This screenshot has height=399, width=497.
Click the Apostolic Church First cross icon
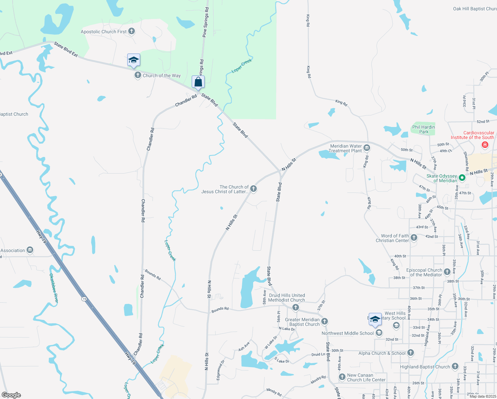tap(132, 32)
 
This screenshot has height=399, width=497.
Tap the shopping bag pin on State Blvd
tap(198, 82)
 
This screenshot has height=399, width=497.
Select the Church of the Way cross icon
tap(138, 75)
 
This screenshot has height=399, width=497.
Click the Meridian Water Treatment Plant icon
tap(367, 148)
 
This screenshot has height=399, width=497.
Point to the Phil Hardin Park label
tap(423, 129)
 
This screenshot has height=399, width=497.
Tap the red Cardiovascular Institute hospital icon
tap(485, 145)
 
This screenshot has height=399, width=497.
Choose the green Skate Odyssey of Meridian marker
tap(462, 178)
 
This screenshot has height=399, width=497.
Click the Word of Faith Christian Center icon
tap(414, 237)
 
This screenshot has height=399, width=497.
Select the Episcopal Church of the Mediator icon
tap(447, 272)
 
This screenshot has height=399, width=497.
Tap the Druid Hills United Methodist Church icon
tap(296, 308)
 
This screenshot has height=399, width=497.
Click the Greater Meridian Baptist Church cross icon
tap(325, 321)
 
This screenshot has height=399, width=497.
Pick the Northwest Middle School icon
tap(379, 333)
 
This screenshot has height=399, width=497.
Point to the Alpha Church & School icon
tap(411, 353)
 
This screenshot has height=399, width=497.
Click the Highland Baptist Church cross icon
tap(455, 366)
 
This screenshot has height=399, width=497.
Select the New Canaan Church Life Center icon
tap(342, 377)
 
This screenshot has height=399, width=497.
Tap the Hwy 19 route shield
tap(84, 299)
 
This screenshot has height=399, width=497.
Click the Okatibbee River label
tap(54, 288)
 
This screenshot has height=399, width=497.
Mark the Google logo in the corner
tap(11, 395)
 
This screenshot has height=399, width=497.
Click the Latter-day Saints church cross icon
tap(253, 189)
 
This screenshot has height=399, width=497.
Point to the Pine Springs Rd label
tap(206, 22)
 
